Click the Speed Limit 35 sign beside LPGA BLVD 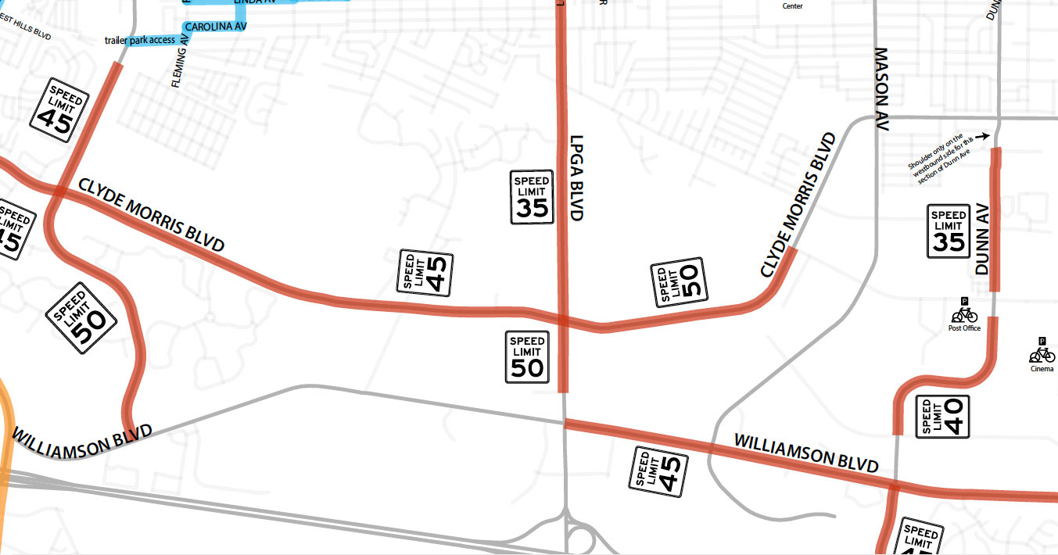(x=532, y=197)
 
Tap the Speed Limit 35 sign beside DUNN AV (x=949, y=231)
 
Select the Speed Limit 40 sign (x=941, y=417)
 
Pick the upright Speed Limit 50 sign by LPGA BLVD (x=527, y=356)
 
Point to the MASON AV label (x=882, y=89)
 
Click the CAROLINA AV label (x=216, y=27)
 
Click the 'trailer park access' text (x=139, y=40)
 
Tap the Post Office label (x=964, y=328)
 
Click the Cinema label (x=1042, y=368)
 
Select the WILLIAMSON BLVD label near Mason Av (x=806, y=453)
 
